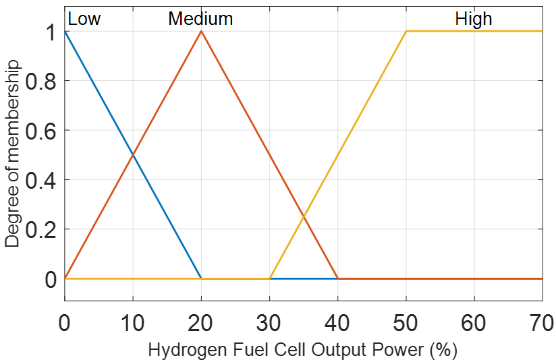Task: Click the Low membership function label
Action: (84, 19)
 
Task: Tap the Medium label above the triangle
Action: (200, 19)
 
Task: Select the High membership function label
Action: (474, 19)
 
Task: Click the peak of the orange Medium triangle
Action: (201, 31)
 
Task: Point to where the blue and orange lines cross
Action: (133, 155)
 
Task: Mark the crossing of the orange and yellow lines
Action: (304, 216)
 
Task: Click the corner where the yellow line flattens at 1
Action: (406, 31)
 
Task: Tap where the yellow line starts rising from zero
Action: (270, 278)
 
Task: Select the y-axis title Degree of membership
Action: (13, 154)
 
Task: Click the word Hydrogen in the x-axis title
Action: (179, 351)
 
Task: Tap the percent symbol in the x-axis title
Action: (444, 351)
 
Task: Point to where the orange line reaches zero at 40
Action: (338, 278)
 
